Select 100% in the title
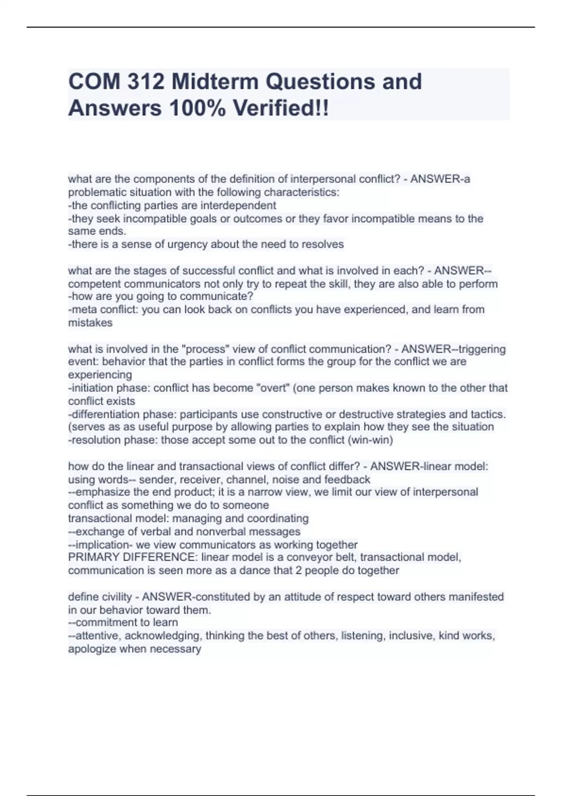click(196, 109)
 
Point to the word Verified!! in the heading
click(281, 109)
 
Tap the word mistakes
click(90, 323)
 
